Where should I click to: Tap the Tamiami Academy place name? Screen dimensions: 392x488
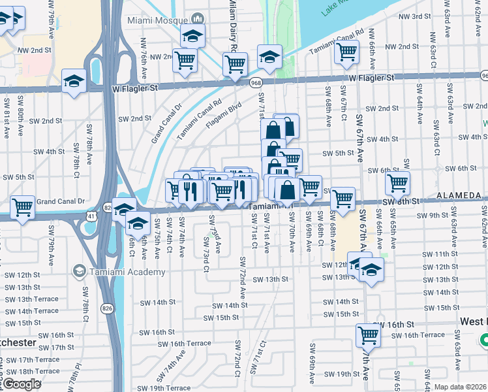click(117, 270)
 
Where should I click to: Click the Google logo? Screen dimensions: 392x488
click(22, 384)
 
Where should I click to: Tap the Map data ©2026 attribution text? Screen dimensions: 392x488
click(461, 387)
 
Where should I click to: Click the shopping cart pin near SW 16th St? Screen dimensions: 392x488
click(368, 335)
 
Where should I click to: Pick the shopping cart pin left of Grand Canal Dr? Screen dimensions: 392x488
click(23, 207)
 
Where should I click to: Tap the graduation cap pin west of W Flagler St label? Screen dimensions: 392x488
click(74, 82)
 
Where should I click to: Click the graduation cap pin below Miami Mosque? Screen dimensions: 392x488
click(192, 37)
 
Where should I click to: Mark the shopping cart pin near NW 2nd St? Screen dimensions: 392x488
click(346, 51)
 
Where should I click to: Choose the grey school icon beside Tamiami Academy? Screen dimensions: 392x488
click(80, 270)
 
